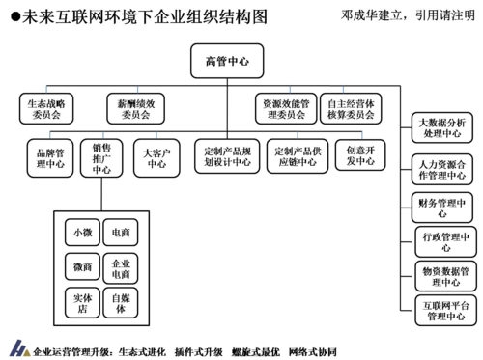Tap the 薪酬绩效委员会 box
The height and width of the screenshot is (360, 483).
[134, 107]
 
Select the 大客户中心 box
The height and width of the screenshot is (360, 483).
[156, 156]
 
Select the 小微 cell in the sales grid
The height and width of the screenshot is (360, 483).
[81, 234]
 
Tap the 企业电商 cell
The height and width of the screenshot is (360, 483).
[122, 267]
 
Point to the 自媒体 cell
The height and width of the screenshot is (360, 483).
[122, 301]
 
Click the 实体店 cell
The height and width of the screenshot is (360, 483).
[81, 301]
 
